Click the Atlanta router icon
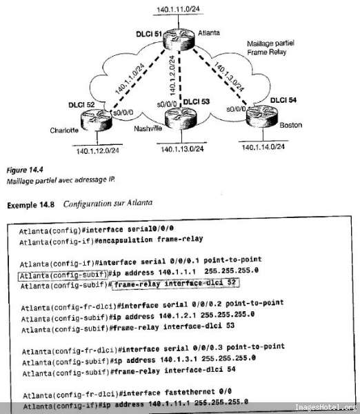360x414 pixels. click(x=179, y=39)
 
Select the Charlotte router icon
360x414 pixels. click(x=97, y=120)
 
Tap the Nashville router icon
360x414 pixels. click(x=181, y=118)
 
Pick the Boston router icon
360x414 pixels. click(x=262, y=116)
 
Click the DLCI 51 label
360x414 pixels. click(x=148, y=34)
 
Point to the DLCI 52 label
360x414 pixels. click(x=81, y=105)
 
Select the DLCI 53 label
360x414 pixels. click(x=197, y=102)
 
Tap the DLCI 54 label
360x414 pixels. click(x=283, y=100)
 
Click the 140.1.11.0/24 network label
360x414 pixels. click(x=178, y=9)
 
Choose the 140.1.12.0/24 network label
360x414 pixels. click(x=98, y=151)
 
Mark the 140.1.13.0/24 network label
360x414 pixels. click(x=182, y=149)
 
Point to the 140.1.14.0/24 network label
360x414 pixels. click(x=263, y=147)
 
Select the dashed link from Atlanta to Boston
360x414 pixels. click(x=219, y=77)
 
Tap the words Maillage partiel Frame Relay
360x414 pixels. click(x=270, y=48)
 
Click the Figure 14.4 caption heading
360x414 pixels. click(x=25, y=170)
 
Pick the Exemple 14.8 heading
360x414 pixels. click(x=30, y=206)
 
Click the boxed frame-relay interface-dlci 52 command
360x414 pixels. click(x=175, y=284)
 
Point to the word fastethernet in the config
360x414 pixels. click(x=190, y=393)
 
